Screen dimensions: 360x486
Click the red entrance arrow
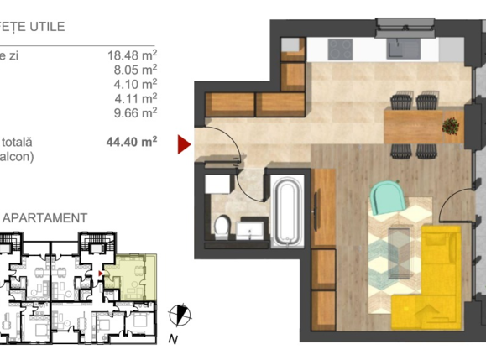coord(184,144)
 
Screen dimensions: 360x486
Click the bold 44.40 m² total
coord(132,142)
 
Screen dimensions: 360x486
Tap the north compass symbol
coord(178,316)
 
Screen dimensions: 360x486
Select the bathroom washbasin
coord(249,229)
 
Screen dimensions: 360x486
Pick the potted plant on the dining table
coord(452,126)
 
